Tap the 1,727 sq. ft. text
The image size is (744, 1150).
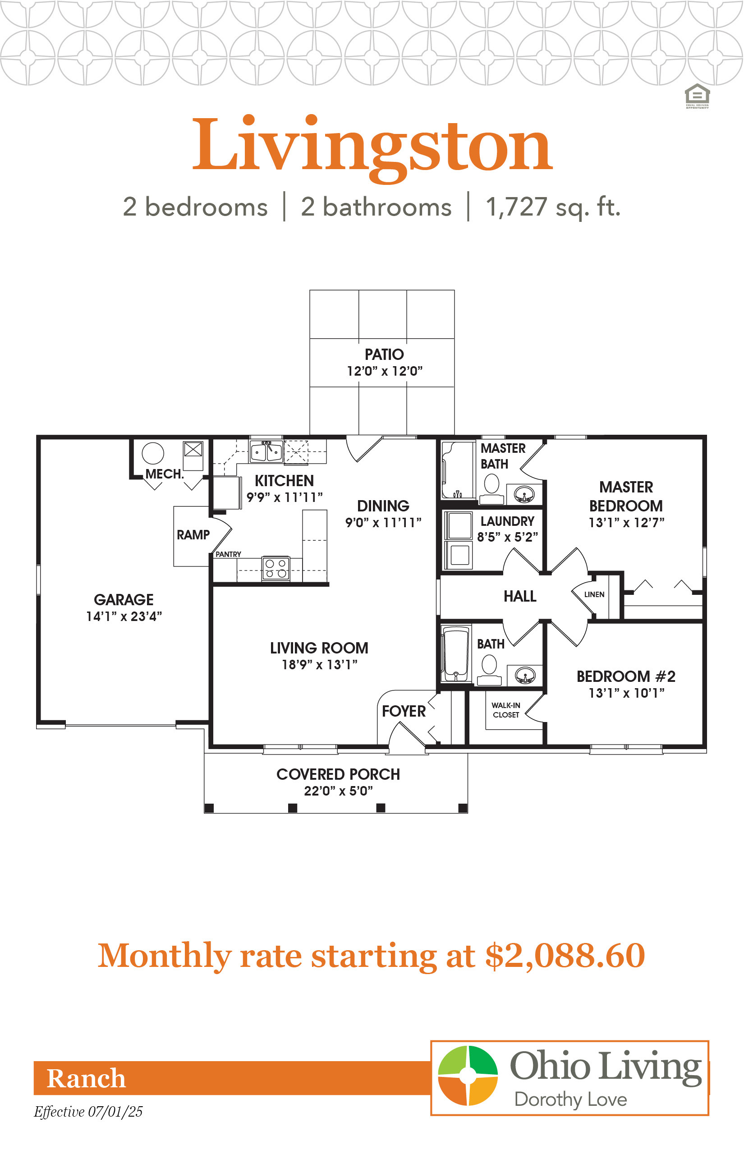[553, 207]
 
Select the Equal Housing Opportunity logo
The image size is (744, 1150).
[697, 96]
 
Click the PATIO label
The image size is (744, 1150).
[384, 354]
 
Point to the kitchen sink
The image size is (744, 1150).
[266, 451]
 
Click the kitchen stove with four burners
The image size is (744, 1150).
[276, 568]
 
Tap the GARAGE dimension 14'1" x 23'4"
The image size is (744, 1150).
[124, 616]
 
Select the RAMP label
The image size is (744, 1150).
[193, 535]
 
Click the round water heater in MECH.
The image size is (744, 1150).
[153, 454]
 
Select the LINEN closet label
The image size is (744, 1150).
[594, 594]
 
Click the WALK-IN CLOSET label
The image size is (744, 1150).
[506, 710]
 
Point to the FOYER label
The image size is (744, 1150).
[404, 711]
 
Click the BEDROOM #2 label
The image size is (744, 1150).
[626, 676]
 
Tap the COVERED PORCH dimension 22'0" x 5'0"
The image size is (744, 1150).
[338, 791]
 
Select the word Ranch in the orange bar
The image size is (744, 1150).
[86, 1078]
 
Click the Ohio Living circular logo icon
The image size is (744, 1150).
[468, 1076]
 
